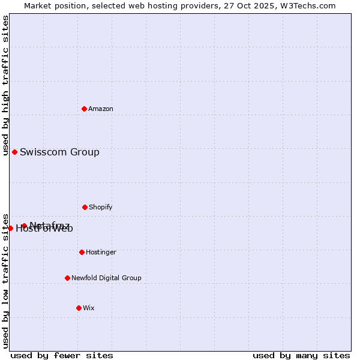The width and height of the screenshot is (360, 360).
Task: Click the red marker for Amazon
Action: pos(84,109)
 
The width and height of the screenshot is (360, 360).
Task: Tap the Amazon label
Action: pos(101,109)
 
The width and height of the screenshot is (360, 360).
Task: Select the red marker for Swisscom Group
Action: pos(14,152)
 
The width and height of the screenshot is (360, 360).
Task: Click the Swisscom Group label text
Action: pos(59,152)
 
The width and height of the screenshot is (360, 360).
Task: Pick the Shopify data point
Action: pos(85,207)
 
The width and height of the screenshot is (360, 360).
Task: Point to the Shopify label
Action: pos(101,208)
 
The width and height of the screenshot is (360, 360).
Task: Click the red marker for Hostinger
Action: pos(82,252)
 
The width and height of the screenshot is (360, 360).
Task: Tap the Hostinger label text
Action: pos(101,253)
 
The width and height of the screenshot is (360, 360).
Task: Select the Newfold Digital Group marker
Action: pos(67,278)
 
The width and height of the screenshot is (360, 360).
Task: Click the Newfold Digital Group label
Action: pos(106,278)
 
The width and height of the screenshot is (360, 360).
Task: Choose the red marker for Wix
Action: pos(79,308)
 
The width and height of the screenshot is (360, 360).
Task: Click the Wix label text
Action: pos(89,308)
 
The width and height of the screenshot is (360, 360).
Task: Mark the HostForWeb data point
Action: pos(10,228)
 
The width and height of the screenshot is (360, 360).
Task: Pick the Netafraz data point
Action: pos(24,226)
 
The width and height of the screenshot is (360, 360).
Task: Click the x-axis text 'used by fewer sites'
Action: pos(62,355)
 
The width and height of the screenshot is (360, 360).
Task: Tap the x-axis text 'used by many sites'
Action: pos(301,355)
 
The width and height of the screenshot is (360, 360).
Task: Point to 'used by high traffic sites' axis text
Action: pos(5,86)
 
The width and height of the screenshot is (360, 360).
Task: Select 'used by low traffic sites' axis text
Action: pos(5,281)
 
